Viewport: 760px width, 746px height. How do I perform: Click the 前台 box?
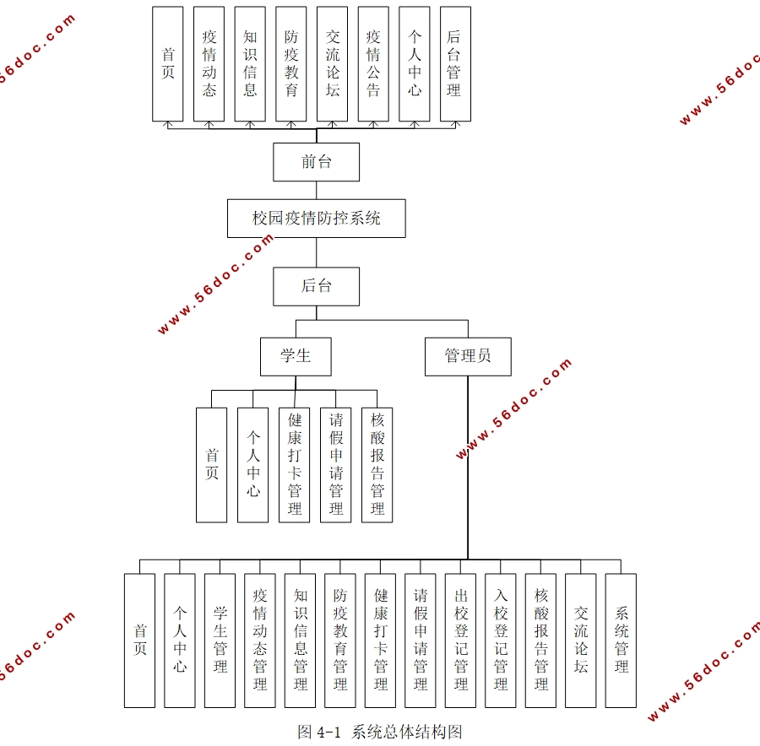(x=316, y=162)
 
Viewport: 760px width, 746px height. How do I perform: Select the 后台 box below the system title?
(x=316, y=286)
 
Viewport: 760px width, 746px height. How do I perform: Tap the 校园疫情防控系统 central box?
(x=316, y=219)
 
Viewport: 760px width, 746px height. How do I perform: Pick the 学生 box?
(x=296, y=356)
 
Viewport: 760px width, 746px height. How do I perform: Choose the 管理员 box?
(x=468, y=356)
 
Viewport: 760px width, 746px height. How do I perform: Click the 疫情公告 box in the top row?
(x=373, y=63)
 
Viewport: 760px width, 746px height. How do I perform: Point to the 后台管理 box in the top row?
(x=455, y=63)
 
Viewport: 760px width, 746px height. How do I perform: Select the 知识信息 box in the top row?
(x=250, y=63)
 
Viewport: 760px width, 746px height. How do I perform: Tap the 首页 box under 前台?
(x=168, y=63)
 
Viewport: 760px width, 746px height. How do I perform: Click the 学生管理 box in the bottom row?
(x=220, y=640)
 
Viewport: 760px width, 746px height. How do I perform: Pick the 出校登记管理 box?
(x=461, y=640)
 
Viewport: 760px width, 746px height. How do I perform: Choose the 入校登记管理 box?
(x=501, y=640)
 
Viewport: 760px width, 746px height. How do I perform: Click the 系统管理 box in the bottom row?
(x=622, y=640)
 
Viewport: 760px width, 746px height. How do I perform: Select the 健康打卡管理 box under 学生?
(x=295, y=464)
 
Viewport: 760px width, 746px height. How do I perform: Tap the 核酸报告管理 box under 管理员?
(x=541, y=640)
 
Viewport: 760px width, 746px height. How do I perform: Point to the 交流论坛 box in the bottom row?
(x=581, y=640)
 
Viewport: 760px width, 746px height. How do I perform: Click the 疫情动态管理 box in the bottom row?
(x=260, y=640)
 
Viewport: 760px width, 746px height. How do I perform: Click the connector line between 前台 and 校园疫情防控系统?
(x=316, y=190)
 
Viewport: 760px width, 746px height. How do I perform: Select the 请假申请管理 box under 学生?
(x=336, y=464)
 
